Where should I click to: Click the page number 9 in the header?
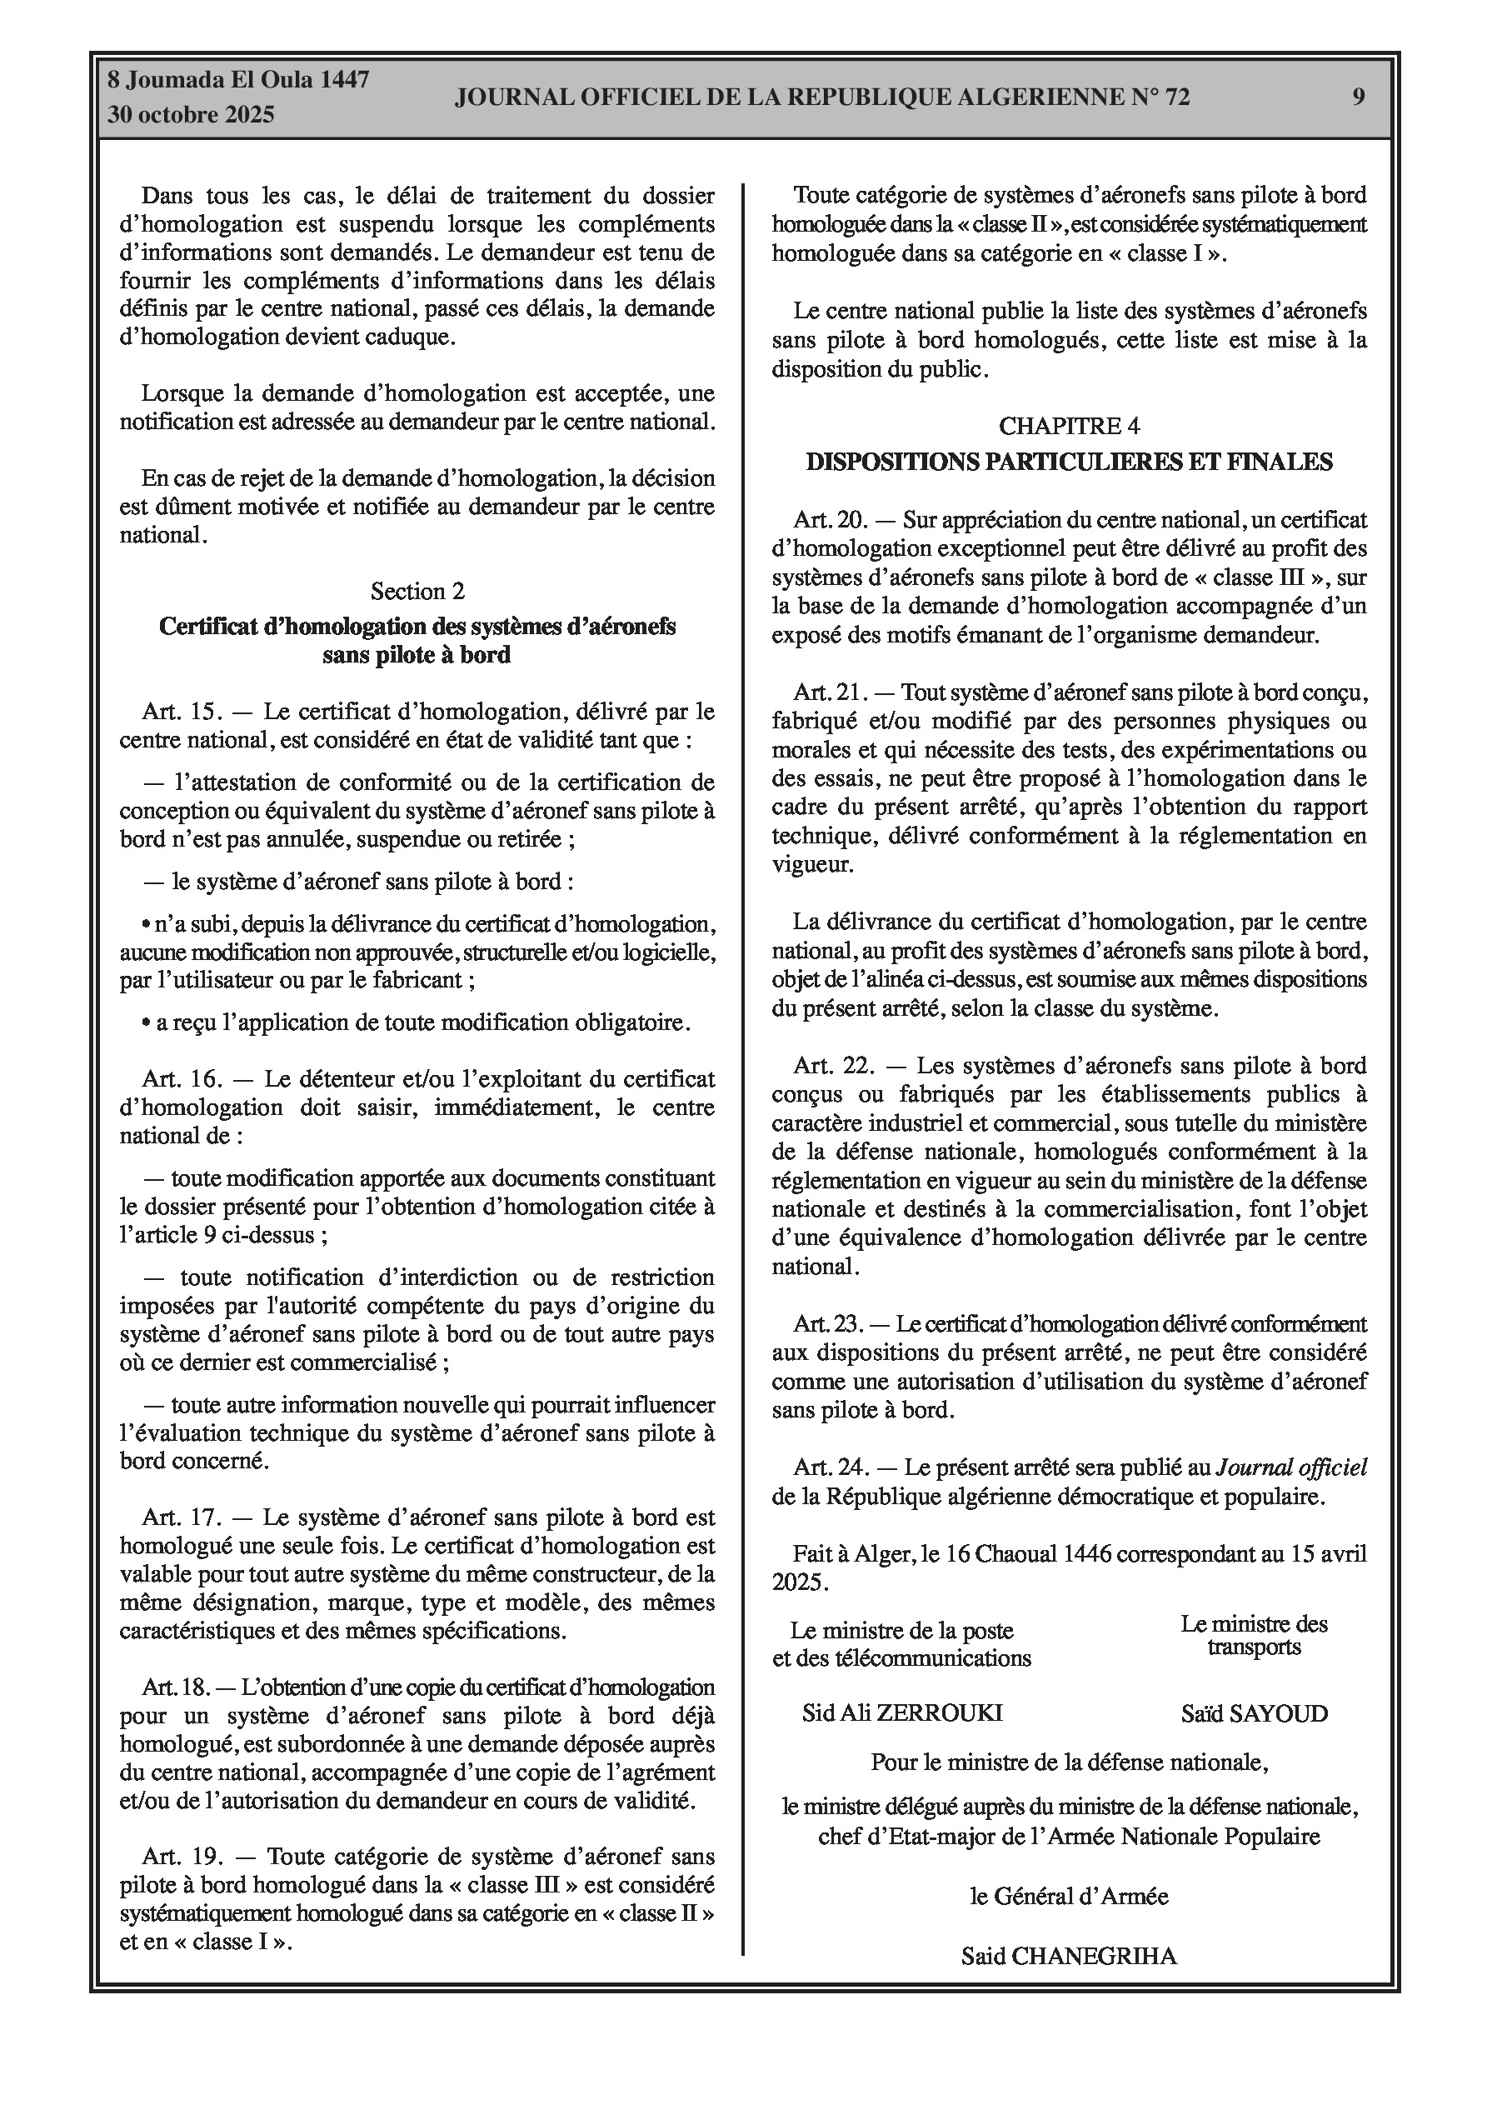point(1359,97)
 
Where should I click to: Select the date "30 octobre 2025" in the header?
point(191,115)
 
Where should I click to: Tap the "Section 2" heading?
point(417,592)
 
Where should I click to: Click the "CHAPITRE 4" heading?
point(1069,427)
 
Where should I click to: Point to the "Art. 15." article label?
point(182,712)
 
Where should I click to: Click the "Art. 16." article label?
point(182,1079)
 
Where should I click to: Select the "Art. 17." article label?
point(182,1517)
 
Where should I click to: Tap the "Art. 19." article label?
point(182,1857)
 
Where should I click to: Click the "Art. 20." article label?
point(831,521)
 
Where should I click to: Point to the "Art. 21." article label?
point(830,692)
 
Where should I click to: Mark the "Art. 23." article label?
point(830,1324)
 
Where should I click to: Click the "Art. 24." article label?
point(831,1467)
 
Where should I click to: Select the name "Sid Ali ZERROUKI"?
point(902,1712)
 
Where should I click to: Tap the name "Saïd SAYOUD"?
point(1254,1713)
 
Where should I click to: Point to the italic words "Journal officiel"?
point(1290,1467)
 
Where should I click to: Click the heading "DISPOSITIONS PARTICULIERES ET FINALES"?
point(1069,462)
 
